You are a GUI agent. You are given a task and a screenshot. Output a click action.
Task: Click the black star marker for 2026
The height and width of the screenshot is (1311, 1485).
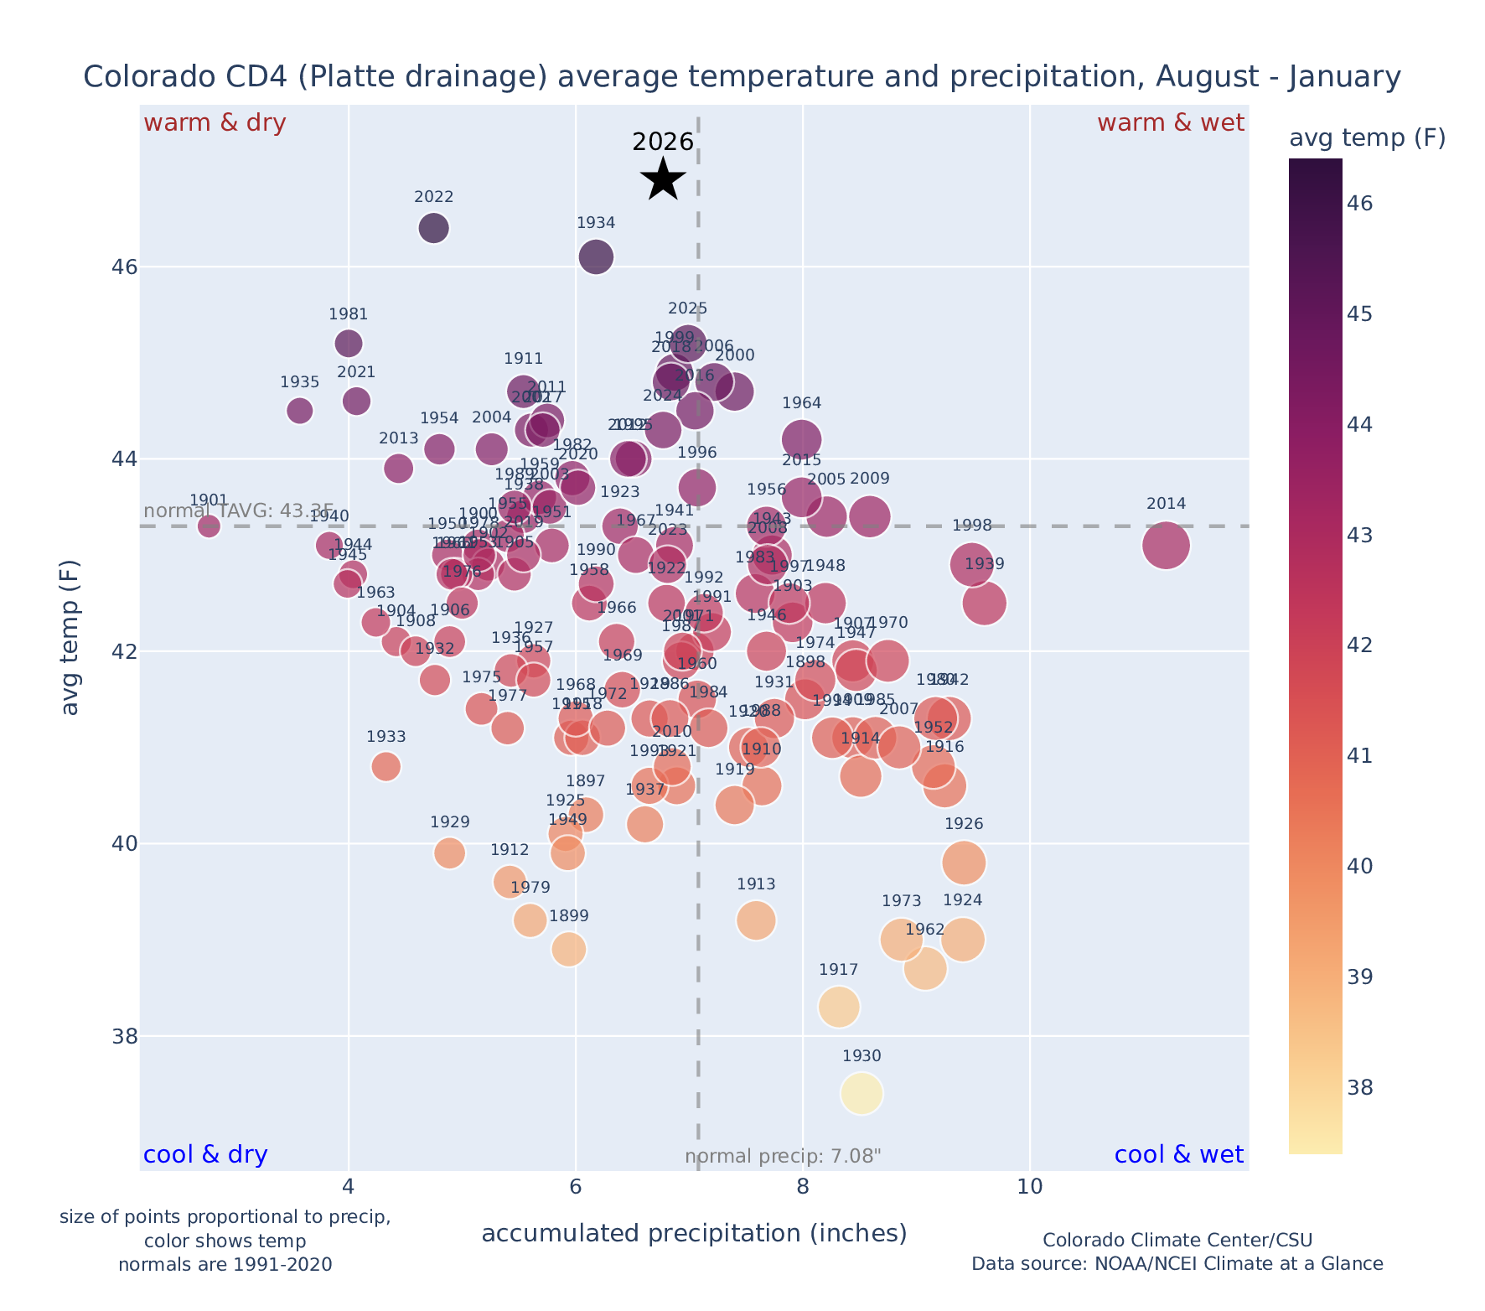pyautogui.click(x=663, y=179)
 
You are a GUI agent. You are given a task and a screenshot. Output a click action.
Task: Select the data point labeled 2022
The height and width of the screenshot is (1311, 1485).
pyautogui.click(x=433, y=228)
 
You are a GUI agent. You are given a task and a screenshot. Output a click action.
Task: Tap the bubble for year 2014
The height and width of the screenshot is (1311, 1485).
pyautogui.click(x=1166, y=545)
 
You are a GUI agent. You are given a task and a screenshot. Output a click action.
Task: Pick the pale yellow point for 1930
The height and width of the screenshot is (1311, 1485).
pyautogui.click(x=862, y=1094)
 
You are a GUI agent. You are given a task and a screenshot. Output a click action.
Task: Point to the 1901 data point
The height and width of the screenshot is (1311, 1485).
pyautogui.click(x=209, y=526)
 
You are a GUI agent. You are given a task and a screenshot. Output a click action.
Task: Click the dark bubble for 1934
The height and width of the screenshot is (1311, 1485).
pyautogui.click(x=596, y=256)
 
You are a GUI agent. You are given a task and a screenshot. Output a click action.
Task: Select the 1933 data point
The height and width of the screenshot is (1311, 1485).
pyautogui.click(x=385, y=766)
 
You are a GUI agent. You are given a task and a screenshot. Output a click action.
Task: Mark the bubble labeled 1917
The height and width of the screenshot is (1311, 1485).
pyautogui.click(x=839, y=1007)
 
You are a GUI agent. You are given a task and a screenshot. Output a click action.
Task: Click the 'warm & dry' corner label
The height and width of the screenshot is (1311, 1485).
pyautogui.click(x=215, y=123)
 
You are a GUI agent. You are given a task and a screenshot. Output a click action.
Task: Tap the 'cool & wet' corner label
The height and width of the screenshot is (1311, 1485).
pyautogui.click(x=1178, y=1155)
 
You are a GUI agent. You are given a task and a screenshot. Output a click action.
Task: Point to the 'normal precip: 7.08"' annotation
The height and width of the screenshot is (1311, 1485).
pyautogui.click(x=783, y=1158)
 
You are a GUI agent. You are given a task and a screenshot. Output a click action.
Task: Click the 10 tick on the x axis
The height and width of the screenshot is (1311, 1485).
pyautogui.click(x=1029, y=1188)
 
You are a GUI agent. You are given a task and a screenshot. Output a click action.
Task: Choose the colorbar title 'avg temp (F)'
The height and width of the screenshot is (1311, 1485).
pyautogui.click(x=1367, y=138)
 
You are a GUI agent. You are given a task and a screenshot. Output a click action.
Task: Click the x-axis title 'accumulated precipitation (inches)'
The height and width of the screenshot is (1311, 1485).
pyautogui.click(x=694, y=1233)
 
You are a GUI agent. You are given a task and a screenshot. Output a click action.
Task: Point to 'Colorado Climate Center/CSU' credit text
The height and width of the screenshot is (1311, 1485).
pyautogui.click(x=1177, y=1241)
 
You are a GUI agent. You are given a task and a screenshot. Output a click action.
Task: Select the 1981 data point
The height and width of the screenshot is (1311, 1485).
pyautogui.click(x=349, y=343)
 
